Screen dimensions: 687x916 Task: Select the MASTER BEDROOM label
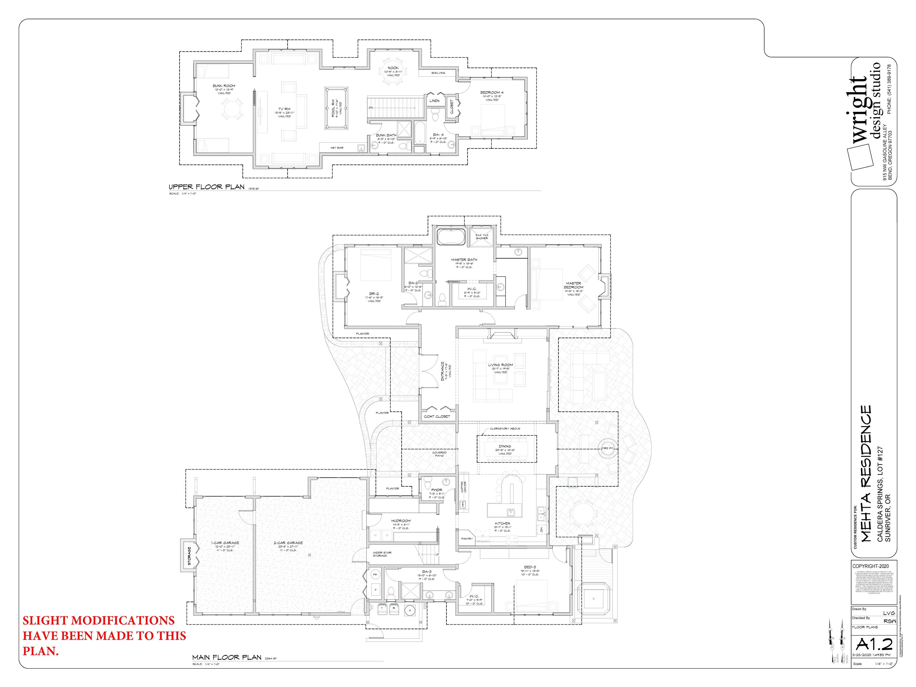tap(573, 285)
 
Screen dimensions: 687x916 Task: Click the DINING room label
tap(505, 446)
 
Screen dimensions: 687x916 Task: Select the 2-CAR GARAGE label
tap(289, 543)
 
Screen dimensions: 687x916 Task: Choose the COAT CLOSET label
tap(437, 416)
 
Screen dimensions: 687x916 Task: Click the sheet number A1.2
tap(874, 644)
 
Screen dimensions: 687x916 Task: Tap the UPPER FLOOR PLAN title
tap(207, 187)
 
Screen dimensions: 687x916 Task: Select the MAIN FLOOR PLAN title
tap(227, 657)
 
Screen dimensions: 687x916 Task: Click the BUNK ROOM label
tap(224, 86)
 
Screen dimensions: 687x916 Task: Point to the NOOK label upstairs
tap(393, 68)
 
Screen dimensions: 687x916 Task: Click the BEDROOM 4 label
tap(492, 92)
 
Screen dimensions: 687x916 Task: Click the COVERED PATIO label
tap(439, 454)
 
